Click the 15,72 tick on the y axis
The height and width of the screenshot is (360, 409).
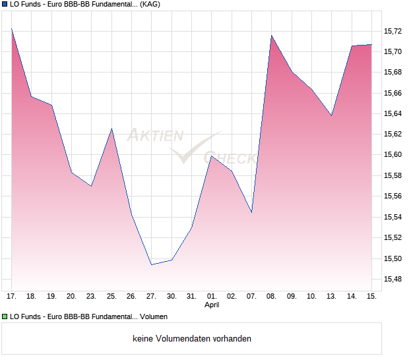(393, 31)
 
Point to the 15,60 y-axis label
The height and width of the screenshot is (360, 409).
(393, 155)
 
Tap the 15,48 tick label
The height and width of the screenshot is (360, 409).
(393, 279)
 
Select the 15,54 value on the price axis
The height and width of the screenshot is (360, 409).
(393, 217)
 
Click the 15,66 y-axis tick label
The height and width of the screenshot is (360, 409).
(393, 93)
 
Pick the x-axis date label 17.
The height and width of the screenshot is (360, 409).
(12, 296)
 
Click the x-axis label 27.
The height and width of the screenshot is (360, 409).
(152, 296)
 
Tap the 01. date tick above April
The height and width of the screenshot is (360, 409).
(212, 296)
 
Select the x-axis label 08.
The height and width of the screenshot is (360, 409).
(272, 296)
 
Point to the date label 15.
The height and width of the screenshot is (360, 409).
(371, 296)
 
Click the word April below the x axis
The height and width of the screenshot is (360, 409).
(212, 305)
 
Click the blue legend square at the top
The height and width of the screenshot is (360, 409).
(4, 4)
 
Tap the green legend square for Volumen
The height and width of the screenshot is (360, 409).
(4, 317)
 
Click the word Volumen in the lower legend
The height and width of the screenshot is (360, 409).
(153, 317)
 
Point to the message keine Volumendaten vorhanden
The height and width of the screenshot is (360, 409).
(192, 339)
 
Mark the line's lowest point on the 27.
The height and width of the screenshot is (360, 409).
(152, 264)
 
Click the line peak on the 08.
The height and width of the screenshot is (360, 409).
(272, 36)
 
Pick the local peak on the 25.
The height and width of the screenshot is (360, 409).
(111, 129)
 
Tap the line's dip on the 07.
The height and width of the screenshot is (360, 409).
(251, 212)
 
